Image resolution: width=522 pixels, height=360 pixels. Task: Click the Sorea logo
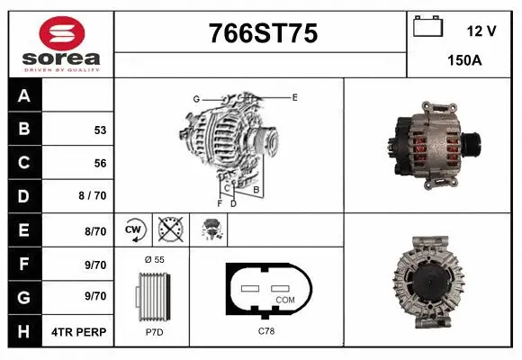(x=60, y=43)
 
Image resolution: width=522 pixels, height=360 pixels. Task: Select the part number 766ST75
(x=262, y=34)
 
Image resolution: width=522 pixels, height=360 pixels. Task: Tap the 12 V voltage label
(x=481, y=31)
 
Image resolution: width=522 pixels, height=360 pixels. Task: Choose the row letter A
(x=24, y=96)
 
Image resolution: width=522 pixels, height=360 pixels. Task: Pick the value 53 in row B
(x=100, y=130)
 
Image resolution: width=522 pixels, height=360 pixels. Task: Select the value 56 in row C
(x=100, y=164)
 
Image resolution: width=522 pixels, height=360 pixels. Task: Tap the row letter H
(x=24, y=332)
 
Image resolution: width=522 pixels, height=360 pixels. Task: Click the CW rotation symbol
(x=135, y=230)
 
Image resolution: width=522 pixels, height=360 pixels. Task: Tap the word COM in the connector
(x=284, y=299)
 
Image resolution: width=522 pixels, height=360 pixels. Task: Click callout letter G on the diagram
(x=195, y=98)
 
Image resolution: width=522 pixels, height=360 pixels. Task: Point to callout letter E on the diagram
(x=294, y=95)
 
